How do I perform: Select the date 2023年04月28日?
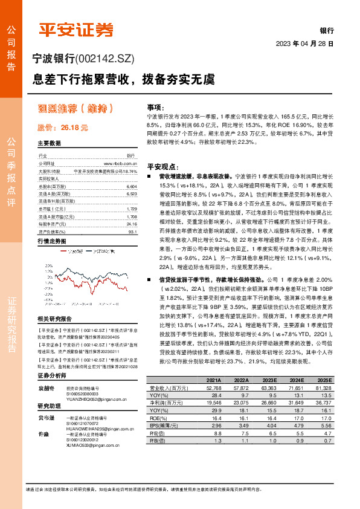coord(304,44)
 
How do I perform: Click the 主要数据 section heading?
coord(50,144)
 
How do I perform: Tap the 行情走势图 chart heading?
coord(52,241)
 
